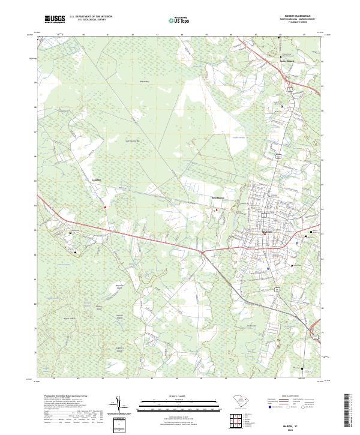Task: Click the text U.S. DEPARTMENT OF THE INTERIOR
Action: [x=91, y=16]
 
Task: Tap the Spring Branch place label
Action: [x=289, y=61]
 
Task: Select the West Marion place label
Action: [x=217, y=198]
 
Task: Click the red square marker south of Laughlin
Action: [x=104, y=208]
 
